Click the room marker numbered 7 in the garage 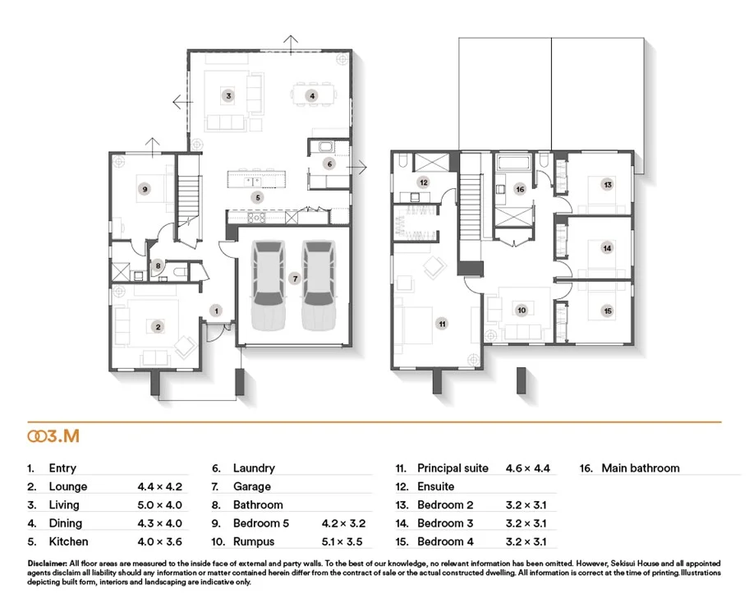pos(294,278)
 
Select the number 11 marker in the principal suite pos(442,324)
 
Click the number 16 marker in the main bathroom pos(519,189)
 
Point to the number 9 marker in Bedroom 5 pos(145,189)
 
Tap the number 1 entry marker pos(216,311)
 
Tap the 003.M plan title pos(53,437)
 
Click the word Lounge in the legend pos(68,486)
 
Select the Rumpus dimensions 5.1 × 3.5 pos(343,541)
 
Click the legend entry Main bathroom pos(641,468)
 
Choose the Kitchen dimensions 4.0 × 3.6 pos(159,541)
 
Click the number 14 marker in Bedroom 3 pos(607,247)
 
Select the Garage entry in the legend pos(251,486)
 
